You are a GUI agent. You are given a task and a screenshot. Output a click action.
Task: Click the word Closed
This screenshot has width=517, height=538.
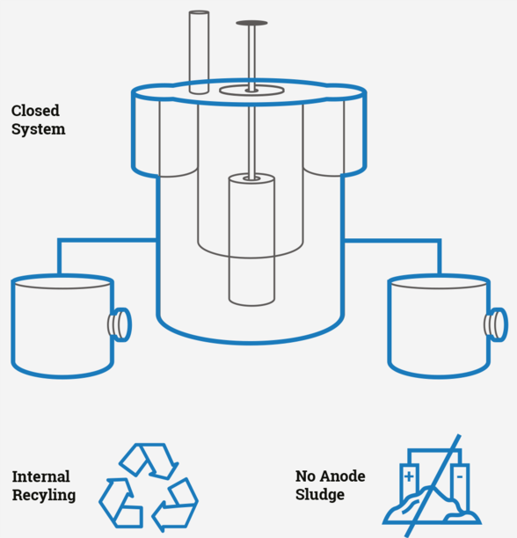pos(35,111)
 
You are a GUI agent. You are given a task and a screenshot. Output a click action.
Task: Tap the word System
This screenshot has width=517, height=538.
pos(38,129)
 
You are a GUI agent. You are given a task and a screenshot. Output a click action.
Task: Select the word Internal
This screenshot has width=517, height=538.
pos(40,476)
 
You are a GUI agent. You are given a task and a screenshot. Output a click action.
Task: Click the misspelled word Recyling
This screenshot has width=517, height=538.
pos(44,496)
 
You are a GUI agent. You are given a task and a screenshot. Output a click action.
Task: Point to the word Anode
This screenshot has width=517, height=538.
pos(343,476)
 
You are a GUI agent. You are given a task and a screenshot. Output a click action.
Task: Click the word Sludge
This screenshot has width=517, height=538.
pos(320,495)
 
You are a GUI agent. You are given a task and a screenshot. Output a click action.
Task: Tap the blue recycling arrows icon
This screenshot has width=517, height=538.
pos(149,486)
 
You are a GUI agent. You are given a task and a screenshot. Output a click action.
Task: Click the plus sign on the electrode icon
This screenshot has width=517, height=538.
pos(409,476)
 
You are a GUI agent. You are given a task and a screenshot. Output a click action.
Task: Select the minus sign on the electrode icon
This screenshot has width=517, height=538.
pos(460,476)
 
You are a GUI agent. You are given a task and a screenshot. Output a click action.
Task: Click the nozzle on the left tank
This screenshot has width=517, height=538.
pos(120,324)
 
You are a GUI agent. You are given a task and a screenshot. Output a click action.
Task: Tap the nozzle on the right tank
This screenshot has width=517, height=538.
pos(496,324)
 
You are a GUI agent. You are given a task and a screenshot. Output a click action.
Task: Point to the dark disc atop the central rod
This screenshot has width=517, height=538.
pos(251,23)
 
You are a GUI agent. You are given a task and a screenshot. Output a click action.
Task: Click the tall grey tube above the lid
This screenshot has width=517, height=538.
pos(199,52)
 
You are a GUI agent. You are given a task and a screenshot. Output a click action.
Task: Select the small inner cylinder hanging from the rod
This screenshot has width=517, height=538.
pos(251,239)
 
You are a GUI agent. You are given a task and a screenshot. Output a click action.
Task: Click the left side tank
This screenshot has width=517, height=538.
pos(62,326)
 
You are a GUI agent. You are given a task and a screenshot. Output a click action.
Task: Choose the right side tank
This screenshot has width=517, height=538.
pos(439,326)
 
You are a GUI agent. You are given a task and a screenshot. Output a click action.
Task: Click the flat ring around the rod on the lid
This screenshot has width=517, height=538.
pos(251,91)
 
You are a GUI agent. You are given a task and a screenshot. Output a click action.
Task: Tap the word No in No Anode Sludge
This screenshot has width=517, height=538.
pos(306,476)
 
